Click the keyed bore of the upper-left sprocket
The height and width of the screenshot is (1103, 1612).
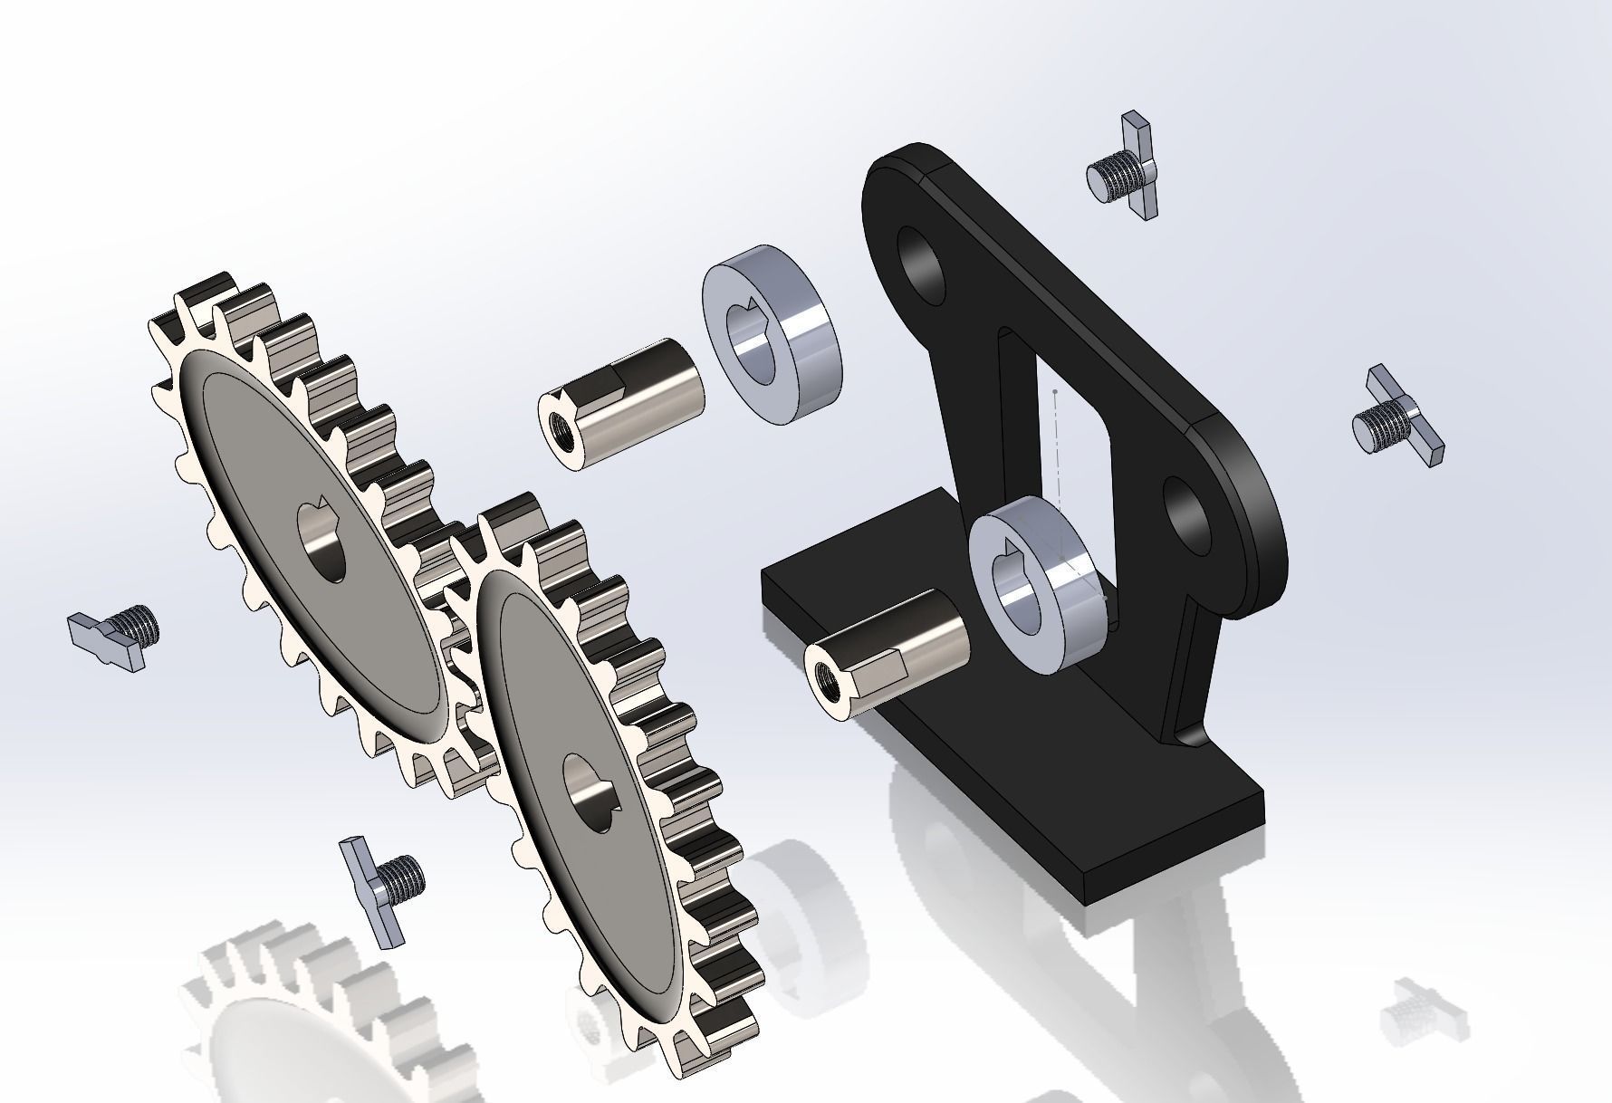click(x=322, y=541)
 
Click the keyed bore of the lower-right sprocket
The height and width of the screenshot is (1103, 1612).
click(x=590, y=793)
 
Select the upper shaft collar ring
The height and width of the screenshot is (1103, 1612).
click(x=773, y=334)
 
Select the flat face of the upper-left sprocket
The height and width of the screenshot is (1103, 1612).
click(x=272, y=507)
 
